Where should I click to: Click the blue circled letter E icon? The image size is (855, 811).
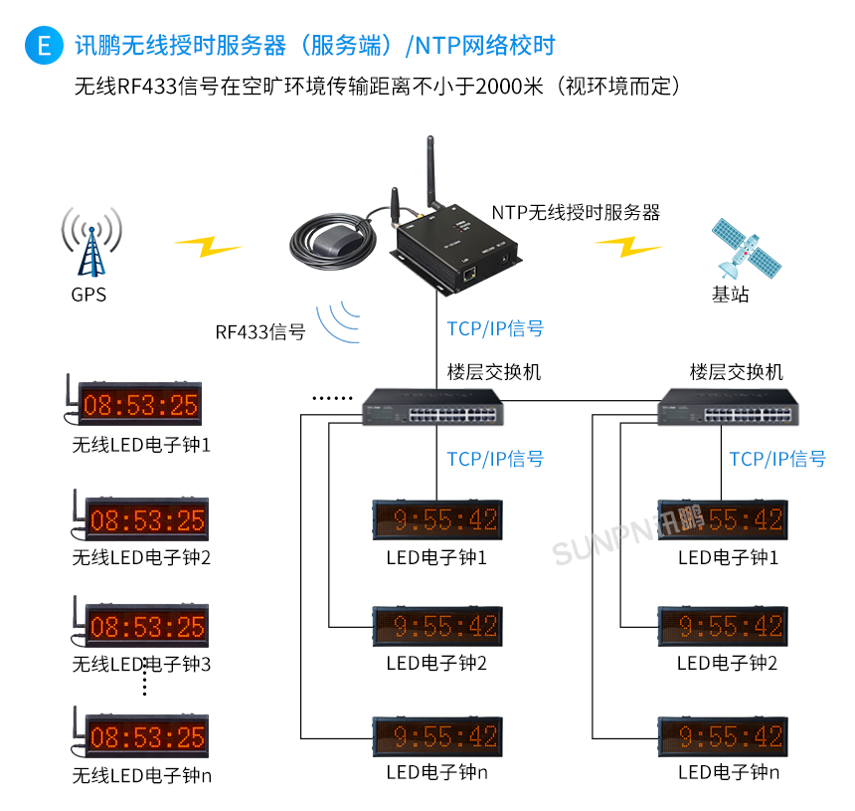(43, 45)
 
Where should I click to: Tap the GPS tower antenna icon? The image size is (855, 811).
(91, 242)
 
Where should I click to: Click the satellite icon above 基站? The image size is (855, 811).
(746, 249)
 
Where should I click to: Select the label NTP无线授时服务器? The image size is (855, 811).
(576, 212)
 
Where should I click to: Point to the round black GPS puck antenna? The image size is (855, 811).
(328, 242)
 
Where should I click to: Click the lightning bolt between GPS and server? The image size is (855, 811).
(208, 245)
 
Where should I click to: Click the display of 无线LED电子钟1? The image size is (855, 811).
(140, 405)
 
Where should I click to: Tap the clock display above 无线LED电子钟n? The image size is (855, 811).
(147, 737)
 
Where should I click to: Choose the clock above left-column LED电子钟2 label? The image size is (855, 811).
(437, 626)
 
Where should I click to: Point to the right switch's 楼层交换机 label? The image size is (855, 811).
(737, 372)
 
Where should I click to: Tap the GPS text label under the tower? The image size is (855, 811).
(88, 295)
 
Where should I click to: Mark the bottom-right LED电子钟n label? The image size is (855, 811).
(729, 772)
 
